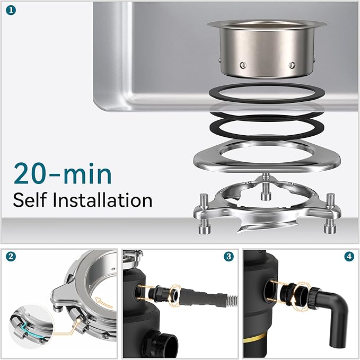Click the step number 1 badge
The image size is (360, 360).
coord(11,11)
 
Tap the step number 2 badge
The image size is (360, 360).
coord(11,257)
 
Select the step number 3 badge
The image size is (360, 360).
coord(229,257)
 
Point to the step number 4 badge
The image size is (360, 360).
coord(349,257)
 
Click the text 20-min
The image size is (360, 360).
coord(63,173)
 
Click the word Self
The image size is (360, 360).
coord(30,200)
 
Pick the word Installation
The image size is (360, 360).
coord(102,200)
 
